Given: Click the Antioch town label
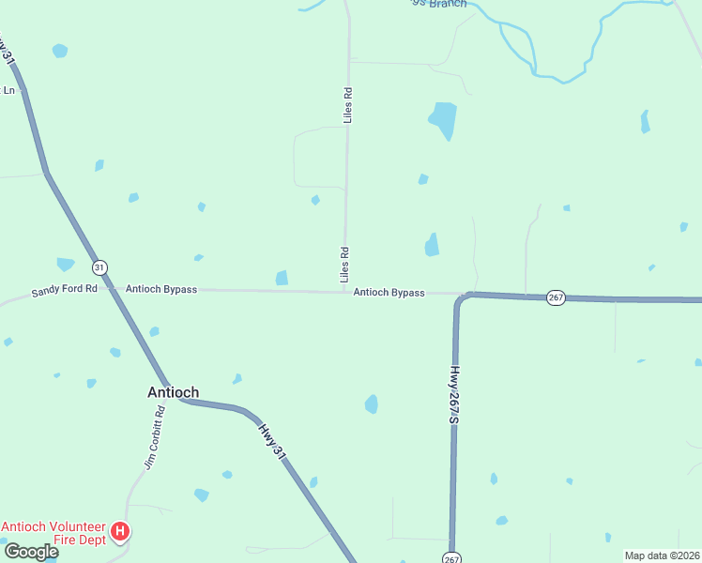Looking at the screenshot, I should pos(173,393).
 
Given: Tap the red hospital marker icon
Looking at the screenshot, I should pos(120,532).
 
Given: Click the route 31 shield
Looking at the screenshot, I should pos(100,267).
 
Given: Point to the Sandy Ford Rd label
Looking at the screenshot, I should pos(64,290).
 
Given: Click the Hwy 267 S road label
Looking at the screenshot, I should pos(453,395).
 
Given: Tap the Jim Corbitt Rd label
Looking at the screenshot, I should pos(154,437).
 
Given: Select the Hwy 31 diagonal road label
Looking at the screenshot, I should pos(271,439).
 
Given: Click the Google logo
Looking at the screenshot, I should pos(30,552).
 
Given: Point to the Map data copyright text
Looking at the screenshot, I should pos(662,555).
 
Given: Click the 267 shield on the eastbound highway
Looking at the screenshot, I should pos(556,297).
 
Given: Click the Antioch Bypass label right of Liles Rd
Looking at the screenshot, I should pos(389,293).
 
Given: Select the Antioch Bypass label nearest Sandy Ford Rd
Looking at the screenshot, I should pos(161,290).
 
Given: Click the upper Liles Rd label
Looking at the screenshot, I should pos(347,105).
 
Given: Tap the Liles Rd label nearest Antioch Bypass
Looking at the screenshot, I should pos(344,265).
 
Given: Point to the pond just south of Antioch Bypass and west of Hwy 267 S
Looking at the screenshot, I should pos(372,404).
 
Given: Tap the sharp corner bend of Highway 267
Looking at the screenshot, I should pos(461,299).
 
